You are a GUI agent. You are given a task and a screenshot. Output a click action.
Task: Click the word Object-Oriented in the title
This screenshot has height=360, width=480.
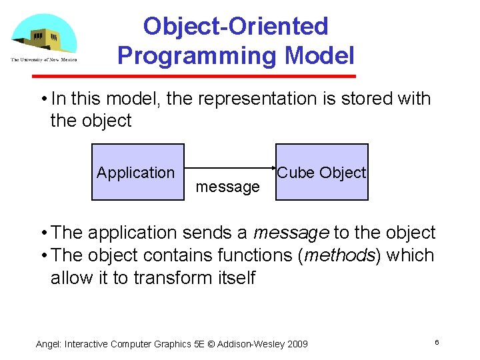(x=236, y=26)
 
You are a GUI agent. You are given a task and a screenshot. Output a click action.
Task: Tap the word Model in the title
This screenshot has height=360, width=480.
(x=317, y=55)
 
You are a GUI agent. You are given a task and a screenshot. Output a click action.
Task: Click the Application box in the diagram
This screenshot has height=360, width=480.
(x=137, y=173)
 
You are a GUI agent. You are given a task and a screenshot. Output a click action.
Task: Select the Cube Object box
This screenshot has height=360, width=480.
(x=322, y=173)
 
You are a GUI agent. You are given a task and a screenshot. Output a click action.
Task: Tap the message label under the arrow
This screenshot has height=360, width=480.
(x=227, y=187)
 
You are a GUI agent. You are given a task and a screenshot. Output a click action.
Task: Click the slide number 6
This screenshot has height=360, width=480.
(x=436, y=342)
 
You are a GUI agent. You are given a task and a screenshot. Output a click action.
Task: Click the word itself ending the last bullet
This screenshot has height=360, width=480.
(x=233, y=278)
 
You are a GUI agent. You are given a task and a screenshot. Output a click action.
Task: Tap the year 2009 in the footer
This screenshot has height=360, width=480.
(x=295, y=344)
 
